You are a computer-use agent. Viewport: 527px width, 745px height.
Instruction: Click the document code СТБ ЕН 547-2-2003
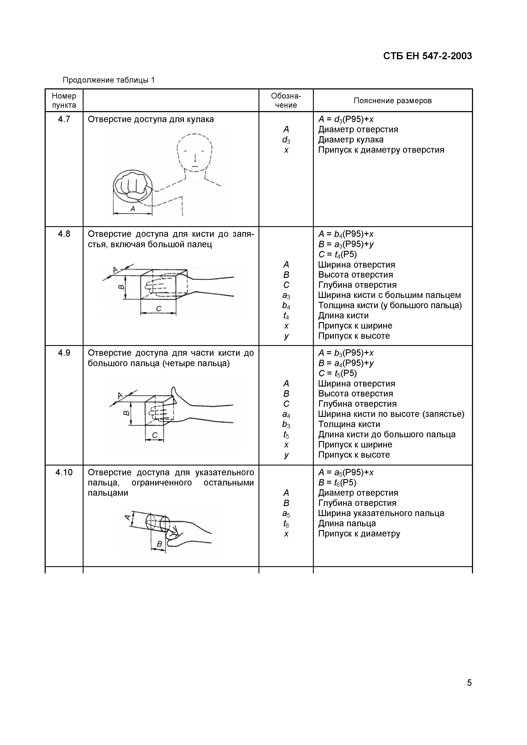(x=427, y=56)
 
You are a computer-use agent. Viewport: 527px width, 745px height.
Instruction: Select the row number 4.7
(x=64, y=119)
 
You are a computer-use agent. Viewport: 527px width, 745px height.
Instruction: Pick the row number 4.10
(x=64, y=473)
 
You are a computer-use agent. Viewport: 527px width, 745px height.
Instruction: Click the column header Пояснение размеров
(x=393, y=101)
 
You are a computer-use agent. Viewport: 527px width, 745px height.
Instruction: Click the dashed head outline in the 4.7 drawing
(x=195, y=152)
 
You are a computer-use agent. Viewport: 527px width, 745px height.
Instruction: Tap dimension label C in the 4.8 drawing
(x=159, y=309)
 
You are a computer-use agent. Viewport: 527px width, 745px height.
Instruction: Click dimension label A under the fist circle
(x=132, y=209)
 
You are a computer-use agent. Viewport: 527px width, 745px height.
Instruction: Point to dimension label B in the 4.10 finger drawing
(x=159, y=544)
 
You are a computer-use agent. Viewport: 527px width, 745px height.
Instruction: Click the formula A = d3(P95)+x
(x=346, y=119)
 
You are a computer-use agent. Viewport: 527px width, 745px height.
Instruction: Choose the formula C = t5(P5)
(x=337, y=374)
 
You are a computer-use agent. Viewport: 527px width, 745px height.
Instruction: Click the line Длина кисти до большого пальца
(x=387, y=435)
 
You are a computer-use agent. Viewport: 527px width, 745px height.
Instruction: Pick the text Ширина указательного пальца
(x=381, y=513)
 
